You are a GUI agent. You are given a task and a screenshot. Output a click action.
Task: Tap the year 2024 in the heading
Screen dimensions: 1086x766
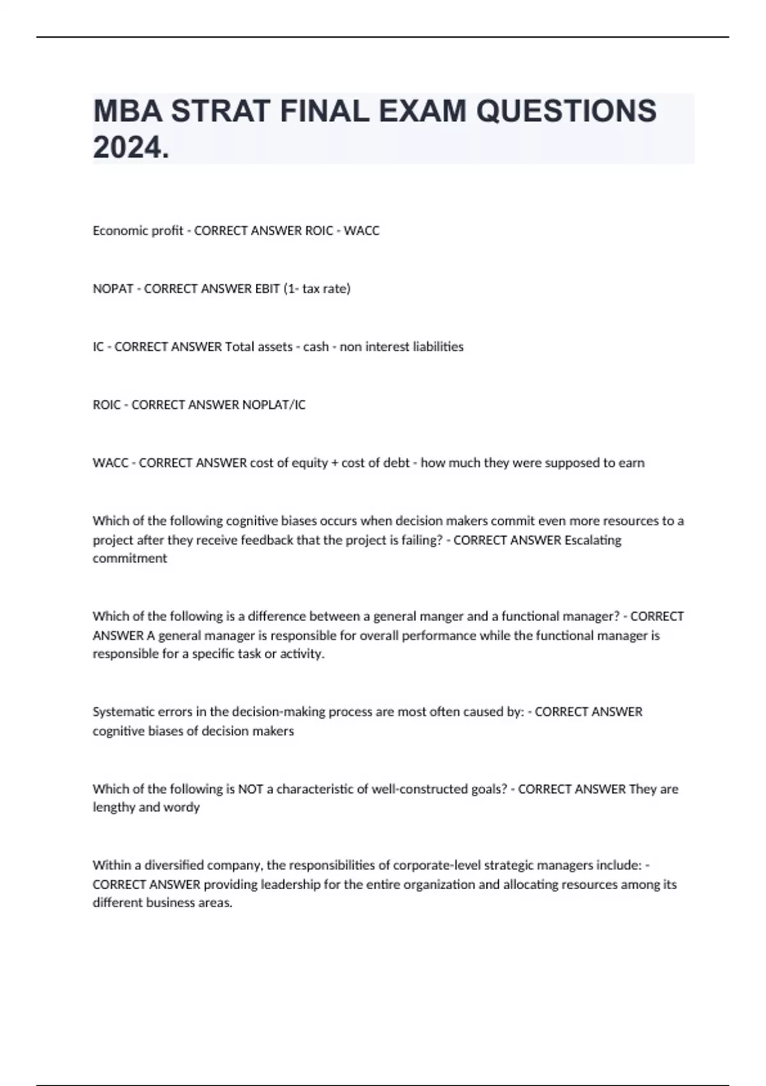tap(127, 148)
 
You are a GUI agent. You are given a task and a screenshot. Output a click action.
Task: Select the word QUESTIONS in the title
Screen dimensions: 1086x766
tap(566, 111)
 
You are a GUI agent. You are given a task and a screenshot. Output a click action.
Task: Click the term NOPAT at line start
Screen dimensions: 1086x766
tap(113, 289)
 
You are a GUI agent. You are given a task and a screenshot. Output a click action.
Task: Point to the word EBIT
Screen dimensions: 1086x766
tap(267, 289)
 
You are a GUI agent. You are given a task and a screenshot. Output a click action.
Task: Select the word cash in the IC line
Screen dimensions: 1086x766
tap(316, 347)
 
